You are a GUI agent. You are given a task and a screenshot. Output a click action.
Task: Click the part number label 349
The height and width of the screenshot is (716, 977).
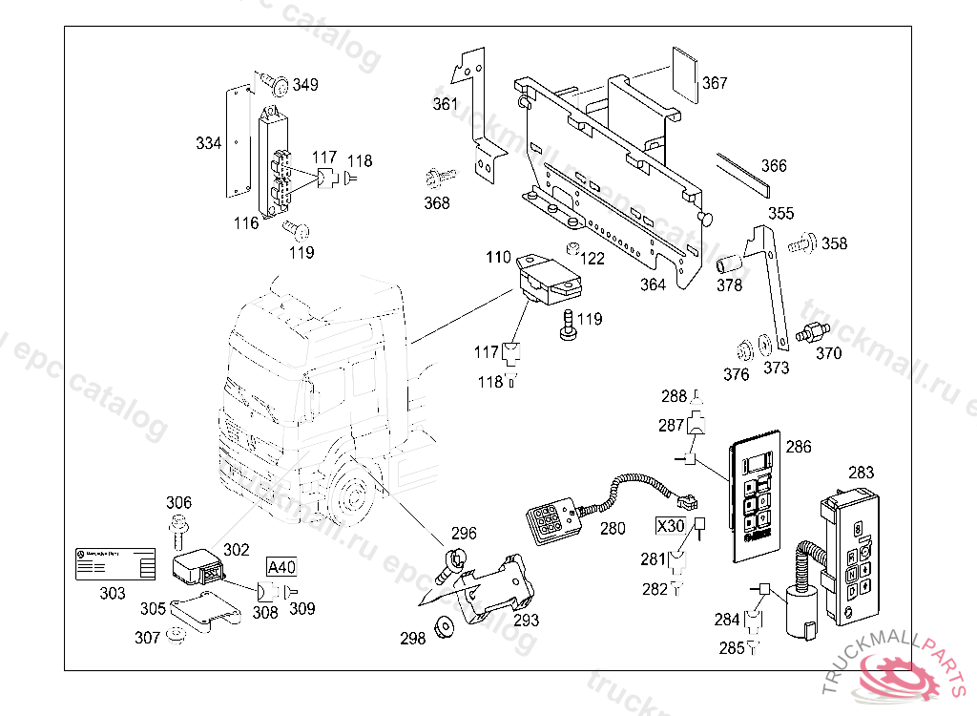pyautogui.click(x=305, y=85)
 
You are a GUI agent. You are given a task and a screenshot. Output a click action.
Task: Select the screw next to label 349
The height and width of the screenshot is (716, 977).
pyautogui.click(x=277, y=84)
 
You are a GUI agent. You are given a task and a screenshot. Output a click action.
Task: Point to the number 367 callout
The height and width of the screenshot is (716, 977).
pyautogui.click(x=715, y=83)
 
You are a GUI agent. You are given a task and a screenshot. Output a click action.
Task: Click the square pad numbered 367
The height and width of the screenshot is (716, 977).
pyautogui.click(x=684, y=68)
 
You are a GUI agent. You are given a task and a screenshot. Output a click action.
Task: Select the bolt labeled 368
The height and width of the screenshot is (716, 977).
pyautogui.click(x=440, y=177)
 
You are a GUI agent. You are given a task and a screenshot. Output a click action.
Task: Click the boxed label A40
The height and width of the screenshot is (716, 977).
pyautogui.click(x=281, y=567)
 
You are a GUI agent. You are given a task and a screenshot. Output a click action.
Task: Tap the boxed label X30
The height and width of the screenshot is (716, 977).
pyautogui.click(x=670, y=525)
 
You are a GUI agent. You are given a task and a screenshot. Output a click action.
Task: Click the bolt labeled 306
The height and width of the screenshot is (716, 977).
pyautogui.click(x=178, y=525)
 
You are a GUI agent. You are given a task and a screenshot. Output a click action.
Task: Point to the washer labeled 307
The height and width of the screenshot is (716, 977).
pyautogui.click(x=174, y=636)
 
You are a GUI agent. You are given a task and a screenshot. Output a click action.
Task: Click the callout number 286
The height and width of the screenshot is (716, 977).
pyautogui.click(x=799, y=446)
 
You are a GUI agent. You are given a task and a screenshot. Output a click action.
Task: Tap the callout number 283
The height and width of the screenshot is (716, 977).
pyautogui.click(x=861, y=472)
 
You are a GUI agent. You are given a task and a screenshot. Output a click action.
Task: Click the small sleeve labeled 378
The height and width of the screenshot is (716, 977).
pyautogui.click(x=729, y=262)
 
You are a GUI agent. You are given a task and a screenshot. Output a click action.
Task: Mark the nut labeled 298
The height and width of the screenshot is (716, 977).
pyautogui.click(x=442, y=628)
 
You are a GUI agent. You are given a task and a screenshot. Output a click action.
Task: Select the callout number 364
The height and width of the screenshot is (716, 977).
pyautogui.click(x=653, y=284)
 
